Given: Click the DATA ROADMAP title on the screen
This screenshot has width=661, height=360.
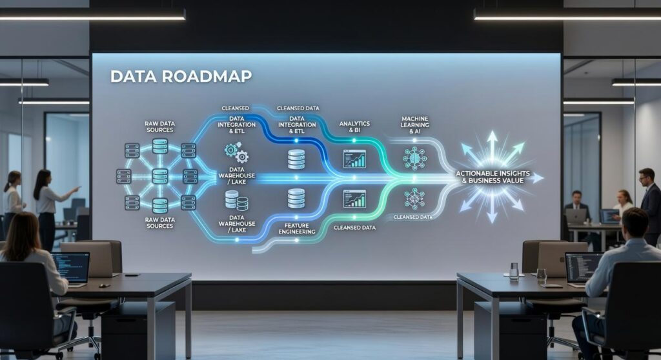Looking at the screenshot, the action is [181, 76].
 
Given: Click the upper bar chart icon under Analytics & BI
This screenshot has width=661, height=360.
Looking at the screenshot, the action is [354, 159].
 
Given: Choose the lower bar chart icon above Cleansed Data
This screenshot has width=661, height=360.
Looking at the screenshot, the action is [354, 199].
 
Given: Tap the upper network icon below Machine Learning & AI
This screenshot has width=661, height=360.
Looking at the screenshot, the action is [414, 157].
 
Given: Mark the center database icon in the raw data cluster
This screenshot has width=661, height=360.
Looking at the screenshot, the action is [160, 176].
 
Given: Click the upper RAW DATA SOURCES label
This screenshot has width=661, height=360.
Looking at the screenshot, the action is [159, 126].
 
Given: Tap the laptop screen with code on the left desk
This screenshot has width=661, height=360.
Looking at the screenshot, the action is [70, 266].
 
